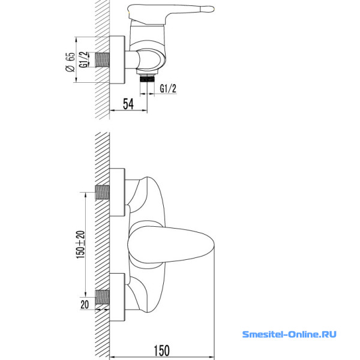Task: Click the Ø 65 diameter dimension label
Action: click(70, 62)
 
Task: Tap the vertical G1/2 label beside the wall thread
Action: click(83, 59)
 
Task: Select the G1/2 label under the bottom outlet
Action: click(168, 88)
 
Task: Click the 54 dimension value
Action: click(128, 104)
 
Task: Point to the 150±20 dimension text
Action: click(80, 245)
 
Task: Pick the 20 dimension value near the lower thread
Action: click(85, 304)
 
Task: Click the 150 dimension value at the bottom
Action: click(161, 350)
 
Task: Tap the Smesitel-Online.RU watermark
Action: click(289, 334)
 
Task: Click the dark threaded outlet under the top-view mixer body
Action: click(147, 79)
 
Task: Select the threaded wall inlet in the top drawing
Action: click(102, 59)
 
